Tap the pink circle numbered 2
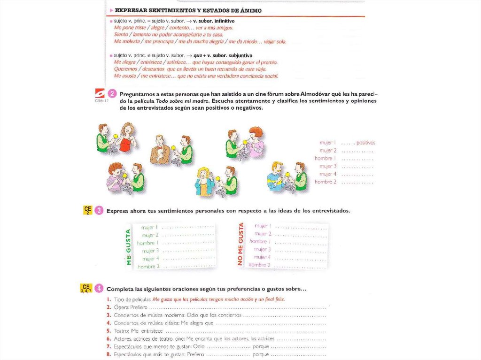112,93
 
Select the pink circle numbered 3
99,211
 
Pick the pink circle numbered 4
99,288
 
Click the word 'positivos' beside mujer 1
366,143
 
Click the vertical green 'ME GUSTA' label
128,248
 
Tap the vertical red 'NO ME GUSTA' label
241,245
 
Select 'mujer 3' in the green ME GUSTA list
150,251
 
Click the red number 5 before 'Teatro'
109,331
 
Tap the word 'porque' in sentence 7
261,346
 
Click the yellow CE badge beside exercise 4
85,288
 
